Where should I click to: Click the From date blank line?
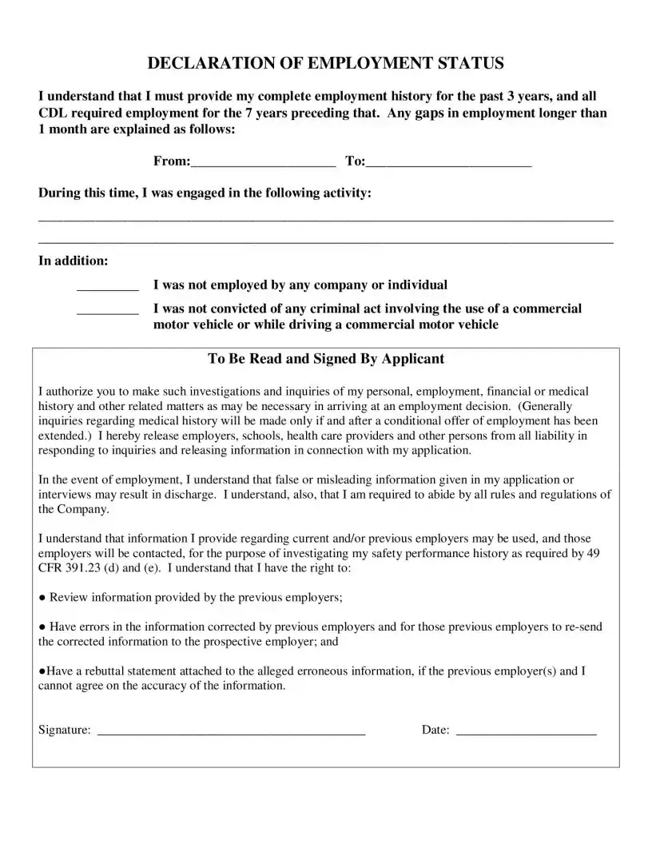pos(263,164)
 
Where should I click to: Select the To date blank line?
pos(448,164)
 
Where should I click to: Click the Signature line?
pos(231,732)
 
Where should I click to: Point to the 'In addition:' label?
pos(74,261)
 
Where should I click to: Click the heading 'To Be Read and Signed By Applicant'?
pos(326,359)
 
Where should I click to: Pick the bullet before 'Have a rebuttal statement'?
pos(42,671)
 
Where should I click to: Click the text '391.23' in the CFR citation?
pos(85,568)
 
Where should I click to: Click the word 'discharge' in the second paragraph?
pos(193,495)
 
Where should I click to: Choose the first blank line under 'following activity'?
pos(326,219)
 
